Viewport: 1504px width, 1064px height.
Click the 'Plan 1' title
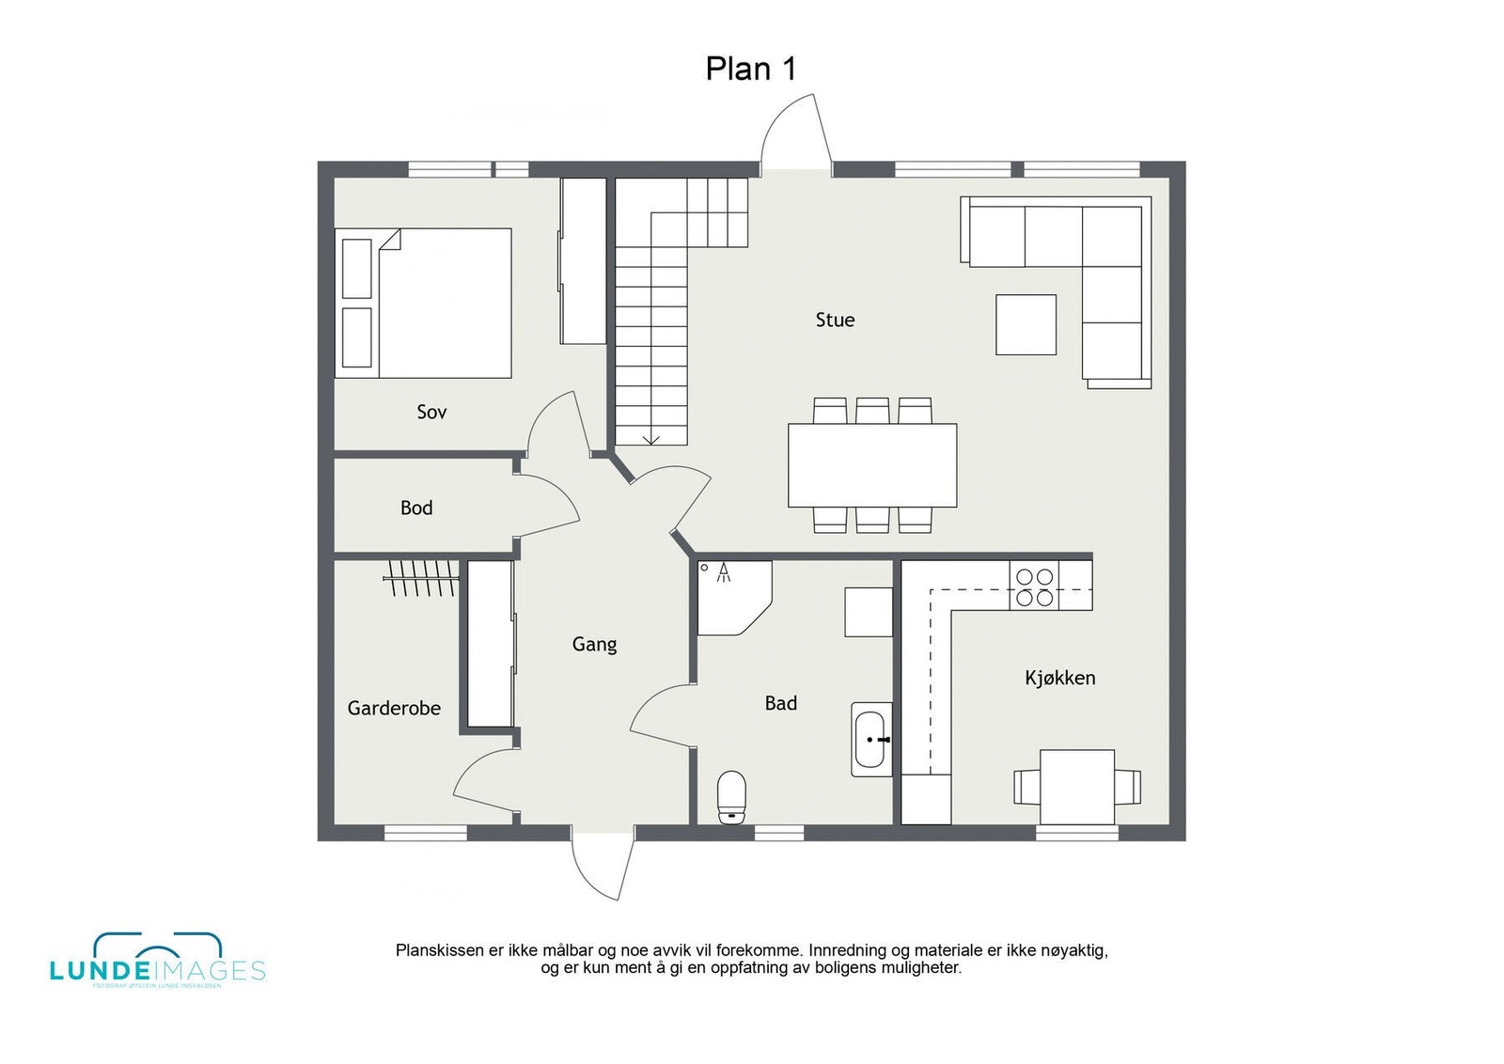750,69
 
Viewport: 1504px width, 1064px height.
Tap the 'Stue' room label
835,320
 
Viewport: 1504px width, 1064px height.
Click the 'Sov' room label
431,412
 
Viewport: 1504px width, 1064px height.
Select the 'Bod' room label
416,508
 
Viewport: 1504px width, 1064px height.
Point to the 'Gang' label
594,644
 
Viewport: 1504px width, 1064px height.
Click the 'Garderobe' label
394,708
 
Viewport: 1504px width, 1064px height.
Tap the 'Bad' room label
780,703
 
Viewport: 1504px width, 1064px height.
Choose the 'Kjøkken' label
1059,678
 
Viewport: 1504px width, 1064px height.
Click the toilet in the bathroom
731,796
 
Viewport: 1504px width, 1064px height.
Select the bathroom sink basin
870,740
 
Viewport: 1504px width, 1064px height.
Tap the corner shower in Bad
730,595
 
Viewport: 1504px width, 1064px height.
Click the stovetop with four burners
1034,586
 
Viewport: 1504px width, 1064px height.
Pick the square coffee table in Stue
1026,324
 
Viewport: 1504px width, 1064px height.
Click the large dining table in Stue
871,465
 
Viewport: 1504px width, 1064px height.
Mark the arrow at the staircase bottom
650,439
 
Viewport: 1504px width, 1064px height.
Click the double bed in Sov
423,303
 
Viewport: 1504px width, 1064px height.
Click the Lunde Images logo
157,961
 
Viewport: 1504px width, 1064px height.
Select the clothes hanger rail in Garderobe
421,576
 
